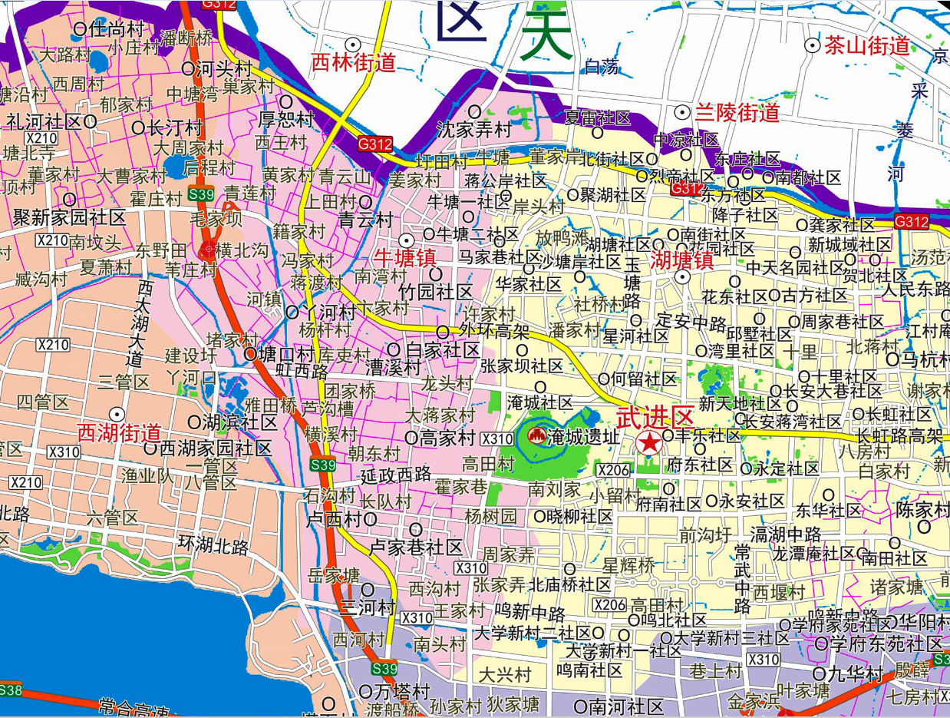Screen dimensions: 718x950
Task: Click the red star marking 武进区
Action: click(649, 442)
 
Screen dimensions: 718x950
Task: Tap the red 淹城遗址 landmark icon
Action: click(537, 436)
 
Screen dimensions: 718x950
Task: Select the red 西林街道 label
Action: click(353, 63)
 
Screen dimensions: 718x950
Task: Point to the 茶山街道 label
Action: click(867, 46)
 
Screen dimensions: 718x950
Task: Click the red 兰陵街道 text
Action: click(737, 114)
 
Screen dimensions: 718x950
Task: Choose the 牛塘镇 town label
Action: click(406, 257)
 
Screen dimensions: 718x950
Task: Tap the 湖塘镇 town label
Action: click(682, 260)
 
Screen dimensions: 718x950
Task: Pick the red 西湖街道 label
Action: click(119, 432)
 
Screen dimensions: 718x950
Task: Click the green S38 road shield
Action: click(10, 690)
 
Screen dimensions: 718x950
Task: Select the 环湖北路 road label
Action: click(213, 546)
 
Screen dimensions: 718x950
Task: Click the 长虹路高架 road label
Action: click(902, 435)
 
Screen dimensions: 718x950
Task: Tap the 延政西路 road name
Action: click(395, 475)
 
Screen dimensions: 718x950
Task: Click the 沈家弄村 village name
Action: click(474, 129)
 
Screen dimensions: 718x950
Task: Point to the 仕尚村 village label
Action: click(117, 29)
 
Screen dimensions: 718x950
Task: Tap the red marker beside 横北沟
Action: click(208, 250)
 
